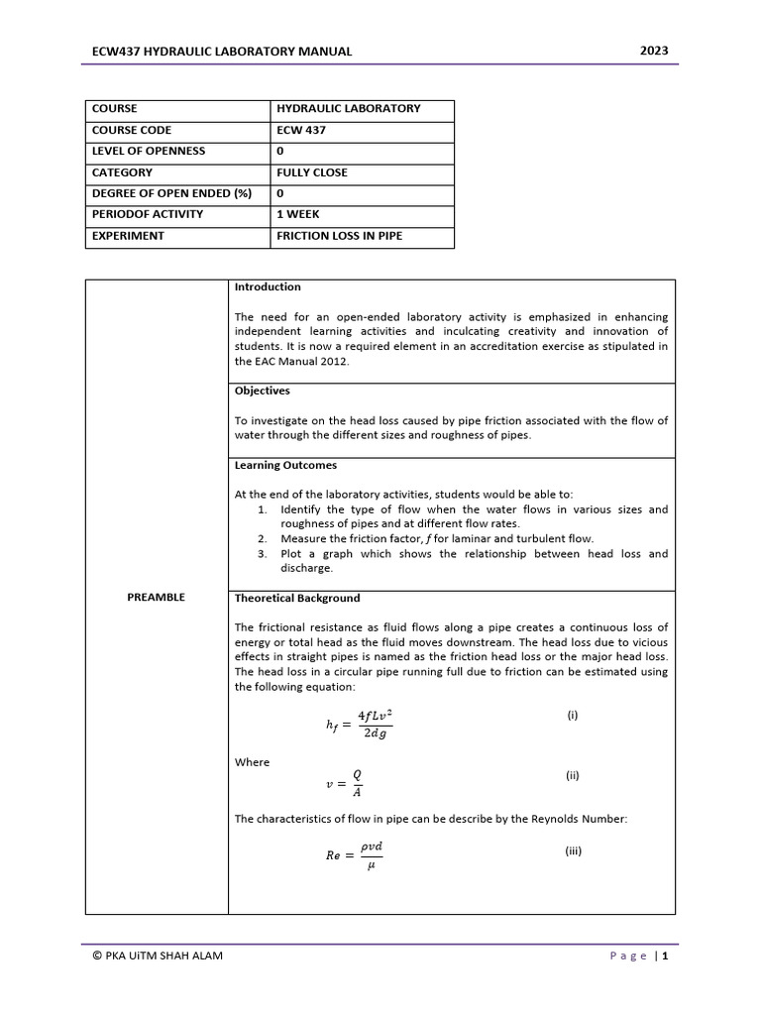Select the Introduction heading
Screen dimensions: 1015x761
[268, 287]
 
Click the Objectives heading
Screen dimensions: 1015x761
[262, 392]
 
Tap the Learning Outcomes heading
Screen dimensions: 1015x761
[285, 465]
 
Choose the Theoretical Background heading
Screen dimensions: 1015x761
[297, 599]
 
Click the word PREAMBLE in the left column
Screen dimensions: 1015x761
[157, 598]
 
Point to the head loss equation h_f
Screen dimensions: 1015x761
[359, 724]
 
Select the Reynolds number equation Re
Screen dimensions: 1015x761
[354, 855]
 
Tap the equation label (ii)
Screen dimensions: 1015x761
[573, 776]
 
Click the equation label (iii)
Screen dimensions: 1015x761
[574, 850]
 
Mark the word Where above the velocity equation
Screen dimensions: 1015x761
[252, 762]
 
